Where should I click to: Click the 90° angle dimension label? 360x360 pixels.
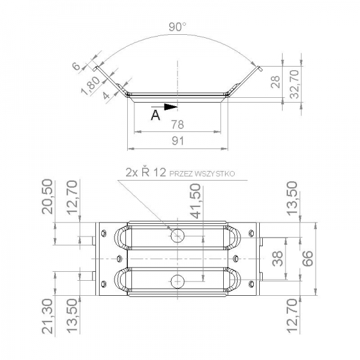click(x=177, y=27)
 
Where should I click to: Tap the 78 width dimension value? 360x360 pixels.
click(x=178, y=125)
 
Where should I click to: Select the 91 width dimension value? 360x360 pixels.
click(x=178, y=141)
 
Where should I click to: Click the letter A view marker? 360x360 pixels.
click(x=155, y=115)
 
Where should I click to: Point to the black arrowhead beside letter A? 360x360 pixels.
click(x=171, y=107)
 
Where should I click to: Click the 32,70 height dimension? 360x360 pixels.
click(x=294, y=84)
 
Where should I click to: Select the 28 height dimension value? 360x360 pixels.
click(x=275, y=82)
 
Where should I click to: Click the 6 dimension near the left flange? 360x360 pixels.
click(x=76, y=67)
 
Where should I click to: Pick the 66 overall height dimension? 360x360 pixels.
click(x=307, y=258)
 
